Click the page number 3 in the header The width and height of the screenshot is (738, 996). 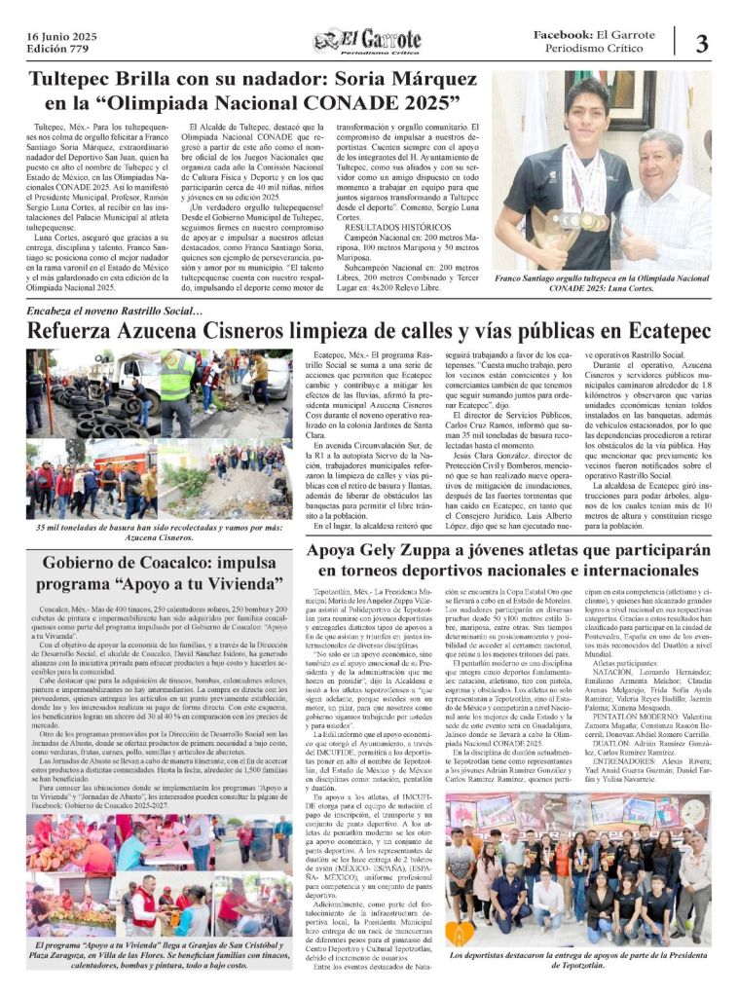coord(702,44)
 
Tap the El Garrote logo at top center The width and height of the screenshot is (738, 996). coord(367,41)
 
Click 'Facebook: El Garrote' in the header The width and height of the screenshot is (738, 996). coord(594,34)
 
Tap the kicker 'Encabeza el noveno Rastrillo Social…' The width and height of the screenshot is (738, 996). coord(115,312)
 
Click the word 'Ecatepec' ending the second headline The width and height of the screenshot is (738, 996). coord(659,332)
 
